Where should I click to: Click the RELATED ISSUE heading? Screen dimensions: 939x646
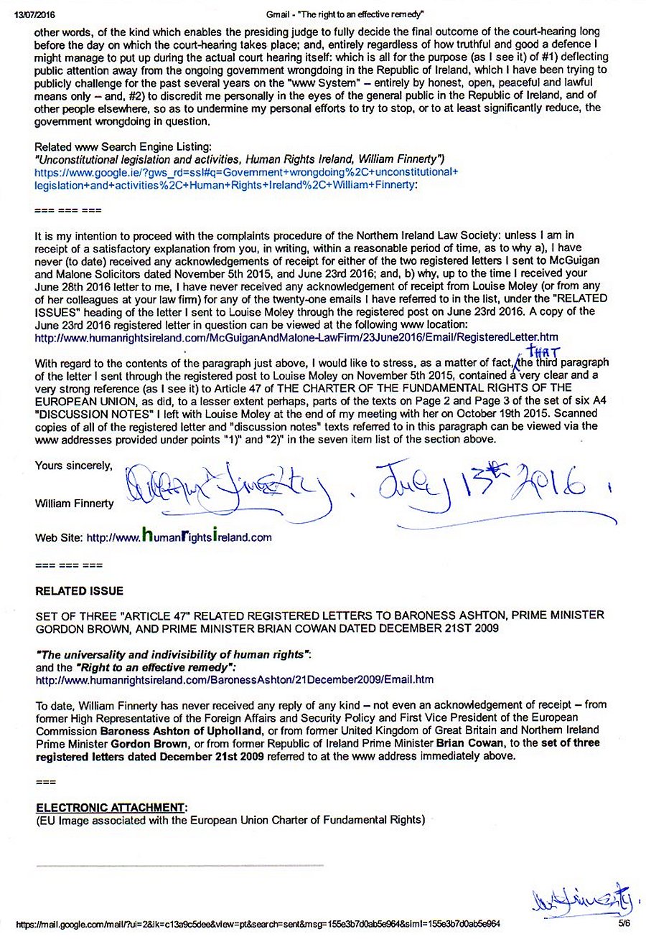79,591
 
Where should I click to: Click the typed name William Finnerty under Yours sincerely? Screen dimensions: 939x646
74,504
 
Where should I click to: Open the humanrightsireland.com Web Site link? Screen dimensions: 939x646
179,537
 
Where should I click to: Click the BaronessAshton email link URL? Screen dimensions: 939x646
234,679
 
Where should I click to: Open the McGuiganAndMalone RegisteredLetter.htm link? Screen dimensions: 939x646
296,337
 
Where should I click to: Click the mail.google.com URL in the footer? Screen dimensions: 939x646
258,924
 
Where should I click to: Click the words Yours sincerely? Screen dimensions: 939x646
73,466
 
